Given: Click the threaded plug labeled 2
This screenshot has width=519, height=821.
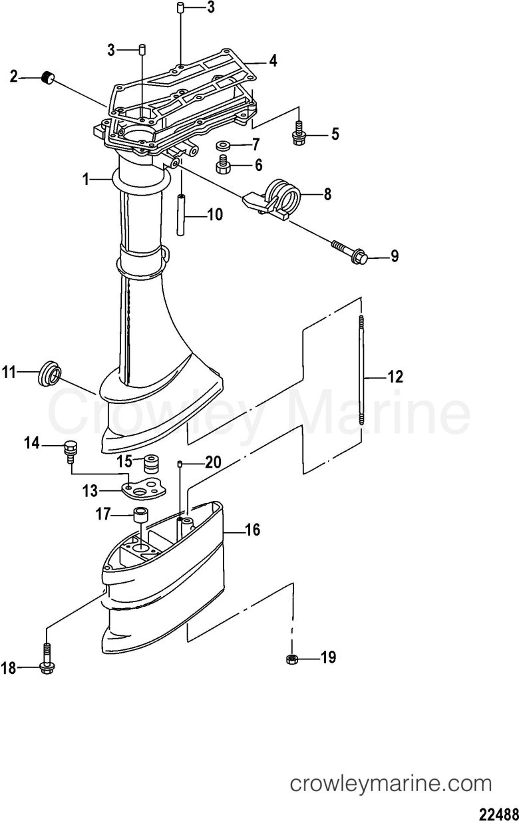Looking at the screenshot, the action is (47, 78).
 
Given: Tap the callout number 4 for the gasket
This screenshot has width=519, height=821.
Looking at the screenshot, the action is (273, 61).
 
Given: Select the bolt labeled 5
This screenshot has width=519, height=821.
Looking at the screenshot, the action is (299, 132).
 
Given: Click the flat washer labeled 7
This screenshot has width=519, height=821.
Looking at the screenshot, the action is (223, 145).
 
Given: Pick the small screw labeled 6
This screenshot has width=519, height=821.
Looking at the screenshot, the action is (223, 165).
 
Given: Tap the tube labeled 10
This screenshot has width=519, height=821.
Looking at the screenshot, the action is (181, 215).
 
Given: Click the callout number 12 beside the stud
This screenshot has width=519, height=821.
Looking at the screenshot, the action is (395, 377).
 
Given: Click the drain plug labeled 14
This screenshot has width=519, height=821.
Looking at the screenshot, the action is (69, 452).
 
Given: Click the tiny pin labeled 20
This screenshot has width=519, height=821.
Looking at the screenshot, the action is (180, 464).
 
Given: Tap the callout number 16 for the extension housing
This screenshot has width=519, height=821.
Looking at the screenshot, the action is (252, 530).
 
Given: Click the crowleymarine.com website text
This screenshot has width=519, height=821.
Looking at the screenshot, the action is (391, 782).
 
